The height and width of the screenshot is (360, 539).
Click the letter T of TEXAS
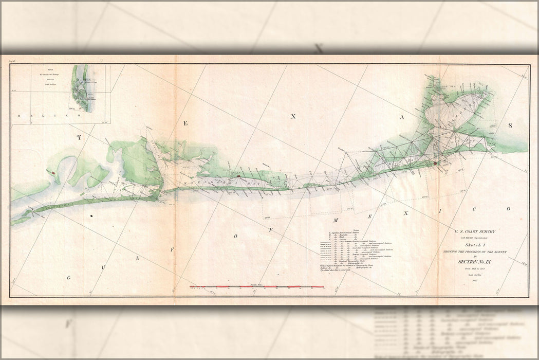click(79, 137)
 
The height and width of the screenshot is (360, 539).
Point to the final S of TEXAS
click(510, 125)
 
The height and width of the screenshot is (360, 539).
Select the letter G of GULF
click(68, 278)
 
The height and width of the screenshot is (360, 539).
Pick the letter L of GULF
click(137, 259)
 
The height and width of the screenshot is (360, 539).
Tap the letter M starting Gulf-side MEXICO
click(334, 220)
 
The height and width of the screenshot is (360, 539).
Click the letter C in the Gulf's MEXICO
click(475, 210)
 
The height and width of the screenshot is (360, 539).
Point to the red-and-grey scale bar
click(257, 286)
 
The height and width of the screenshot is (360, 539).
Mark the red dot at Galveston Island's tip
click(435, 163)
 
